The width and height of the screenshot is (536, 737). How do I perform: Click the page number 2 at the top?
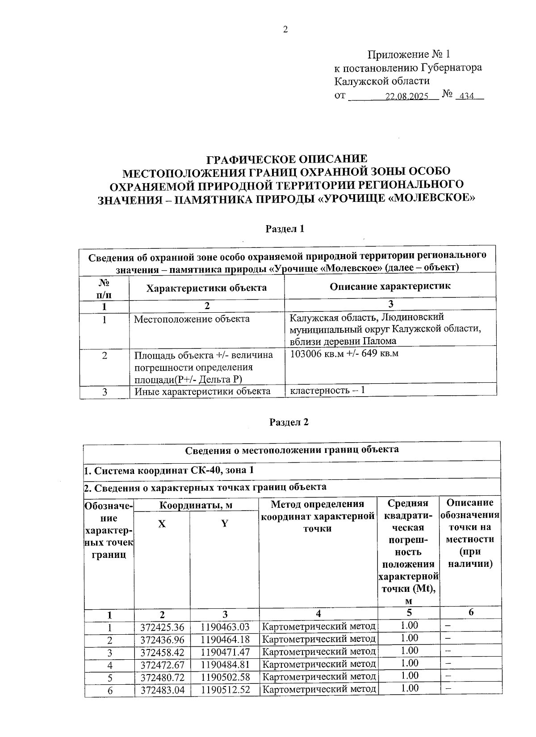point(285,30)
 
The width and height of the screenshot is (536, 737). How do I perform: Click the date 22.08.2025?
point(406,96)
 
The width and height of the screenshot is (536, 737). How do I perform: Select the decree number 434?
point(465,96)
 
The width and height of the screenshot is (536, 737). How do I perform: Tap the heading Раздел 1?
point(285,229)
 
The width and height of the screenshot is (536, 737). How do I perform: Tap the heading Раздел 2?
point(289,423)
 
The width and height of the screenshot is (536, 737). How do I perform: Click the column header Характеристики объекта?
point(206,288)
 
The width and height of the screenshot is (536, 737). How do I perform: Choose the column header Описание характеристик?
point(390,286)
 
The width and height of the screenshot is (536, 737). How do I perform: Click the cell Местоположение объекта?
point(192,319)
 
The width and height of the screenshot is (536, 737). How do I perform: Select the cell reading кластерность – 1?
point(327,390)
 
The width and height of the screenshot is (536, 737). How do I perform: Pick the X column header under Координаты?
point(162,524)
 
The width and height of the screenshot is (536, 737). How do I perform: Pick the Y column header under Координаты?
point(225,524)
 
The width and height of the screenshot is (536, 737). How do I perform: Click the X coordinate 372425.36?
point(162,627)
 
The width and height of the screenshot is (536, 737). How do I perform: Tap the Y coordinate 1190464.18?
point(225,640)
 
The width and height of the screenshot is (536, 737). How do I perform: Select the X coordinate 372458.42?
point(162,652)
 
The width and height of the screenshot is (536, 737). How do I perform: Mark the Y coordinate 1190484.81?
point(225,665)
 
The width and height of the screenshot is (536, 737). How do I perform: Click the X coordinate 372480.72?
point(162,677)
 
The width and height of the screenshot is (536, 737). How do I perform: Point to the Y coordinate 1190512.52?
point(225,690)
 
